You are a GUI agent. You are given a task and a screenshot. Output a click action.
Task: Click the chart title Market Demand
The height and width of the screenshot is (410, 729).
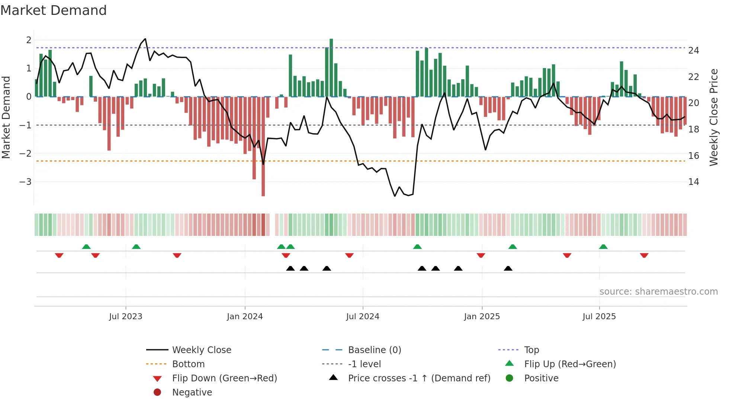54,10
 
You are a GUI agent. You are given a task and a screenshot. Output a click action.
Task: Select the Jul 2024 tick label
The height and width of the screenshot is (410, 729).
363,317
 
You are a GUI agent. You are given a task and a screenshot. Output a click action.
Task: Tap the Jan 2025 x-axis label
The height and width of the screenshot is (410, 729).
482,317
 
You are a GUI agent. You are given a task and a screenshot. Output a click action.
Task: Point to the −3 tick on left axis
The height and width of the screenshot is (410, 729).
25,182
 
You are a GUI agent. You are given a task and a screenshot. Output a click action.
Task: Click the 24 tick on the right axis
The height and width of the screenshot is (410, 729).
693,51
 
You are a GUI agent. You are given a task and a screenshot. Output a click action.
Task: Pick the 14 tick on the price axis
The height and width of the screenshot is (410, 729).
693,182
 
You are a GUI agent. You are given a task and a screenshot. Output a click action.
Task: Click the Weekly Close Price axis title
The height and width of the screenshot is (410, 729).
713,117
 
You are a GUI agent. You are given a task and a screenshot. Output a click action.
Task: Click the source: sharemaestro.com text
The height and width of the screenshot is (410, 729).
658,292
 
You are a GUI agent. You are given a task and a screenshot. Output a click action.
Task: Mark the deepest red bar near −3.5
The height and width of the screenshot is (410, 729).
263,186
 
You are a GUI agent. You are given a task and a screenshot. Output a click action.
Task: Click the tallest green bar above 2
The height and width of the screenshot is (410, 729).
331,67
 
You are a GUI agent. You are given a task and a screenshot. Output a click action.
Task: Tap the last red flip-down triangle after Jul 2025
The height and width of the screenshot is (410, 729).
644,256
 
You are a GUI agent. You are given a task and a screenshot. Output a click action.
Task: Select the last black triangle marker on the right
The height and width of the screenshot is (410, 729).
508,268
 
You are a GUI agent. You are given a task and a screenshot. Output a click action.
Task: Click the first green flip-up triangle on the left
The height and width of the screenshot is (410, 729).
86,247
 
